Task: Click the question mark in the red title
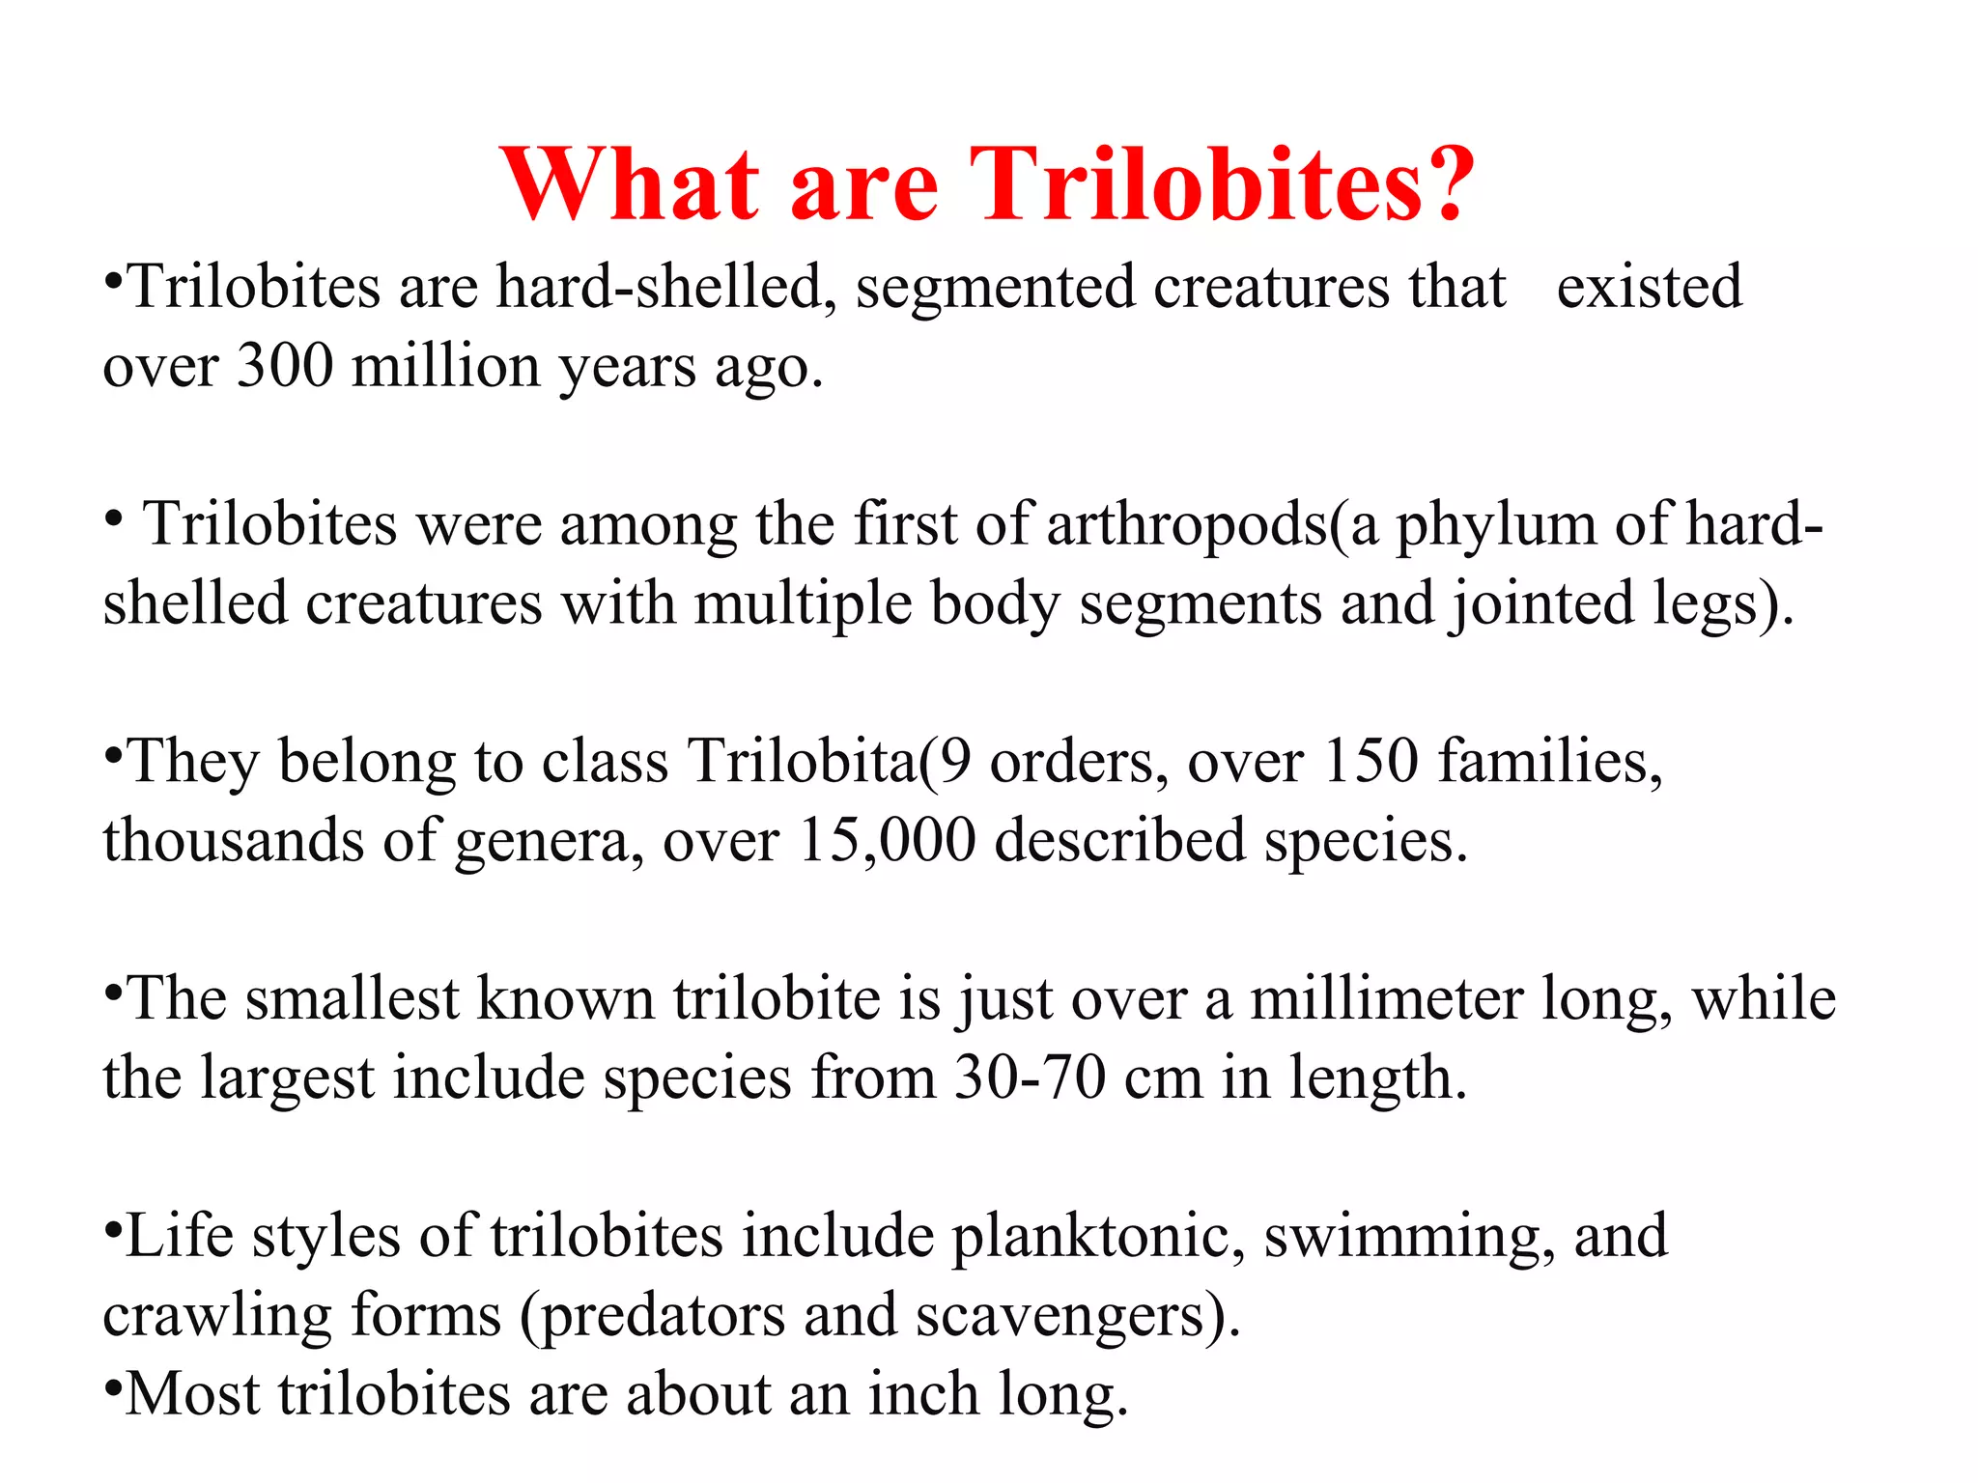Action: [1438, 183]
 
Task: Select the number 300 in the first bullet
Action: [285, 367]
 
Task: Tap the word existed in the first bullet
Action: [1649, 287]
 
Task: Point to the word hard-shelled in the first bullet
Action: [660, 287]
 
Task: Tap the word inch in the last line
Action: [923, 1395]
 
